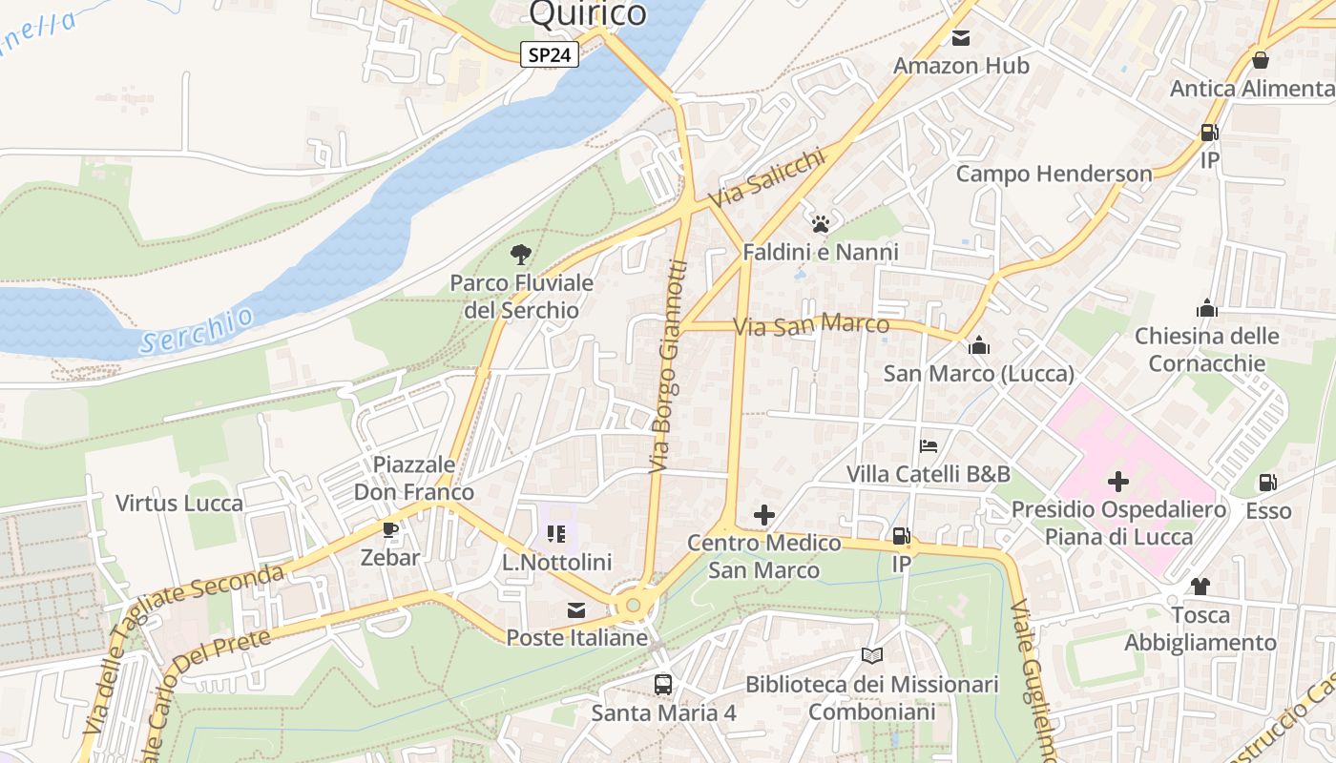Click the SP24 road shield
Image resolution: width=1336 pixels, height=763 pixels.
point(551,54)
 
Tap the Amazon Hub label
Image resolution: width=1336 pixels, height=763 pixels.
point(961,66)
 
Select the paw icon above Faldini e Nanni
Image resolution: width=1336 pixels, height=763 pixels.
point(821,224)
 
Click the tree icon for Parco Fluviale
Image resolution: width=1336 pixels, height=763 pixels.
point(520,254)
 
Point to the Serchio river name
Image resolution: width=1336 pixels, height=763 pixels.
point(197,330)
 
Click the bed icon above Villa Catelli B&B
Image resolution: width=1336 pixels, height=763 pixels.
point(929,445)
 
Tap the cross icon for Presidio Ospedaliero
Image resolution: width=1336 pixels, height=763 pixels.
point(1117,482)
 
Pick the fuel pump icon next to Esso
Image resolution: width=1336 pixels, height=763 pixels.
point(1267,483)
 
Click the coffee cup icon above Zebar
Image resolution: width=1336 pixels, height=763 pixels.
point(389,529)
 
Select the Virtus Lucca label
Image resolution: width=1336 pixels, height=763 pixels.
point(179,503)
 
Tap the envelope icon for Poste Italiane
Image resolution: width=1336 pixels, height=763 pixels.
point(576,610)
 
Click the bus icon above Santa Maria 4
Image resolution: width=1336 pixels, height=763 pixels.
point(663,684)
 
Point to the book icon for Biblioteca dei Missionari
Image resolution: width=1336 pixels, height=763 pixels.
point(871,655)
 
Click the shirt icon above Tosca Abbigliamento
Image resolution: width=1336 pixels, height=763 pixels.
point(1200,586)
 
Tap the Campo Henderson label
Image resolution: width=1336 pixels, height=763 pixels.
point(1054,174)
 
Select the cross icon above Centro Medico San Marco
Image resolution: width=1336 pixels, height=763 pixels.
point(764,515)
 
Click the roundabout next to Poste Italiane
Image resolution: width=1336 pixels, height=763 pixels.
point(632,604)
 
